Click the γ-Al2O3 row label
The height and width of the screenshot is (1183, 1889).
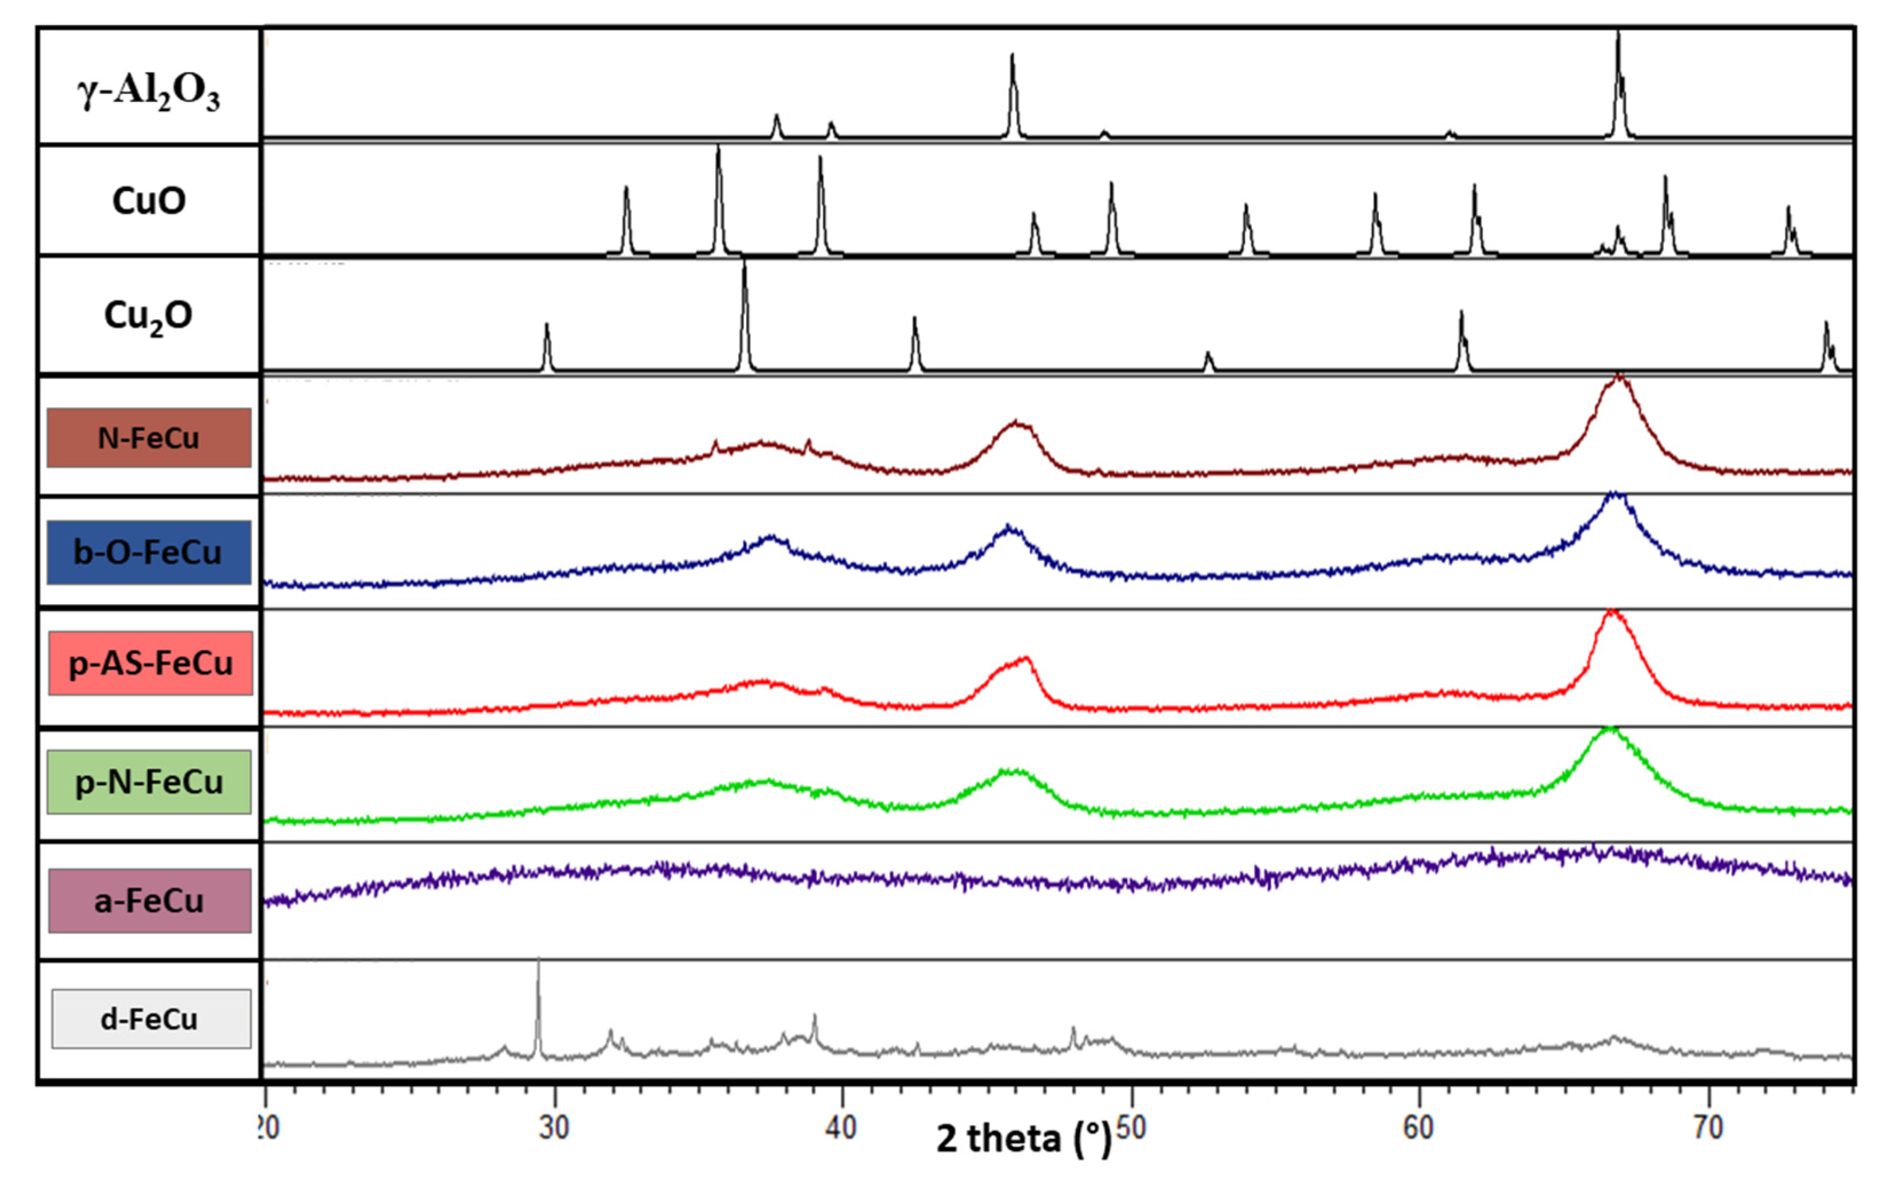[149, 92]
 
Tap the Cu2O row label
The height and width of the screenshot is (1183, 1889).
[149, 316]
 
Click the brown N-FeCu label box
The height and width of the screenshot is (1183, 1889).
[149, 438]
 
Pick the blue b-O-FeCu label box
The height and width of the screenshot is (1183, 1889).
[149, 553]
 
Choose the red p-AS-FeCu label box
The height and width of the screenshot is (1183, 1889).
[150, 664]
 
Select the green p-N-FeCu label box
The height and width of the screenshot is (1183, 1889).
[149, 781]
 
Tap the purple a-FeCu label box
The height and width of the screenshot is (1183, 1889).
[149, 900]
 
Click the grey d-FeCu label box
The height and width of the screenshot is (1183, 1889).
[151, 1019]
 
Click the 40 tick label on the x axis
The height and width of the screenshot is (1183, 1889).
[842, 1128]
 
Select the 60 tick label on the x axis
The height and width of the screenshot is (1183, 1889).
[1418, 1128]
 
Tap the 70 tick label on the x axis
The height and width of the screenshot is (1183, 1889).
[1708, 1128]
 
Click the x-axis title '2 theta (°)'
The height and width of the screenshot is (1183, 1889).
[1023, 1138]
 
